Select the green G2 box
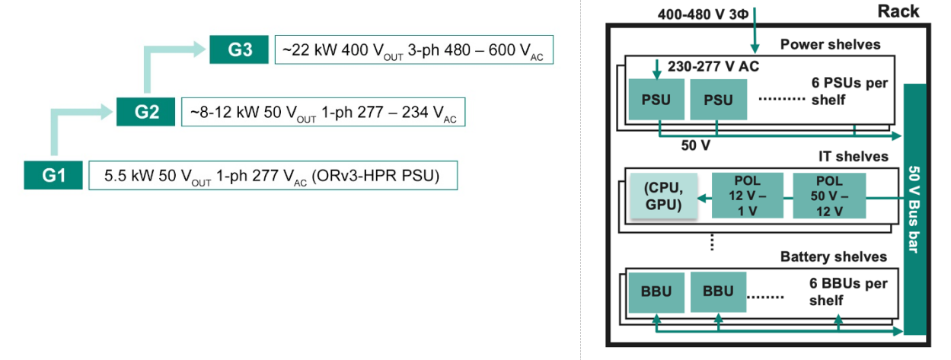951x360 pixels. coord(146,112)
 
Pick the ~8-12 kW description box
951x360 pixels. coord(321,113)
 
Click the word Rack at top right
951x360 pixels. coord(898,11)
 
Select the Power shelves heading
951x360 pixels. coord(830,45)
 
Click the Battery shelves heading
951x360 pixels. coord(834,256)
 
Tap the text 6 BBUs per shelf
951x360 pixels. coord(849,292)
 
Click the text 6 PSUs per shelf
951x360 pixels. coord(850,91)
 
